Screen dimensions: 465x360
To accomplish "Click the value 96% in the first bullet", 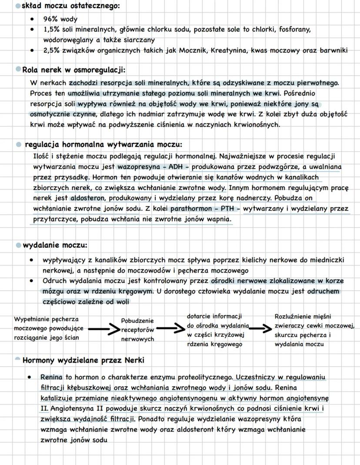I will [50, 20].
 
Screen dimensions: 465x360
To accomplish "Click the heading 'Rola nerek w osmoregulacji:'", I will [74, 70].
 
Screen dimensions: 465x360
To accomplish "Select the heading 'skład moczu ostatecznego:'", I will [70, 6].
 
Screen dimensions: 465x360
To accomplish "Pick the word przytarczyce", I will [54, 219].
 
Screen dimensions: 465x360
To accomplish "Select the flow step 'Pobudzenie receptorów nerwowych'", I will [137, 330].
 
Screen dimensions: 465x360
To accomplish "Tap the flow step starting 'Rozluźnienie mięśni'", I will [314, 330].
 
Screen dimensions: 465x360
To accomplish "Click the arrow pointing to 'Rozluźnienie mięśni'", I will [261, 329].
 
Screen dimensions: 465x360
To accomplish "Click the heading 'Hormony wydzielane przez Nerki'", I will [83, 360].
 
